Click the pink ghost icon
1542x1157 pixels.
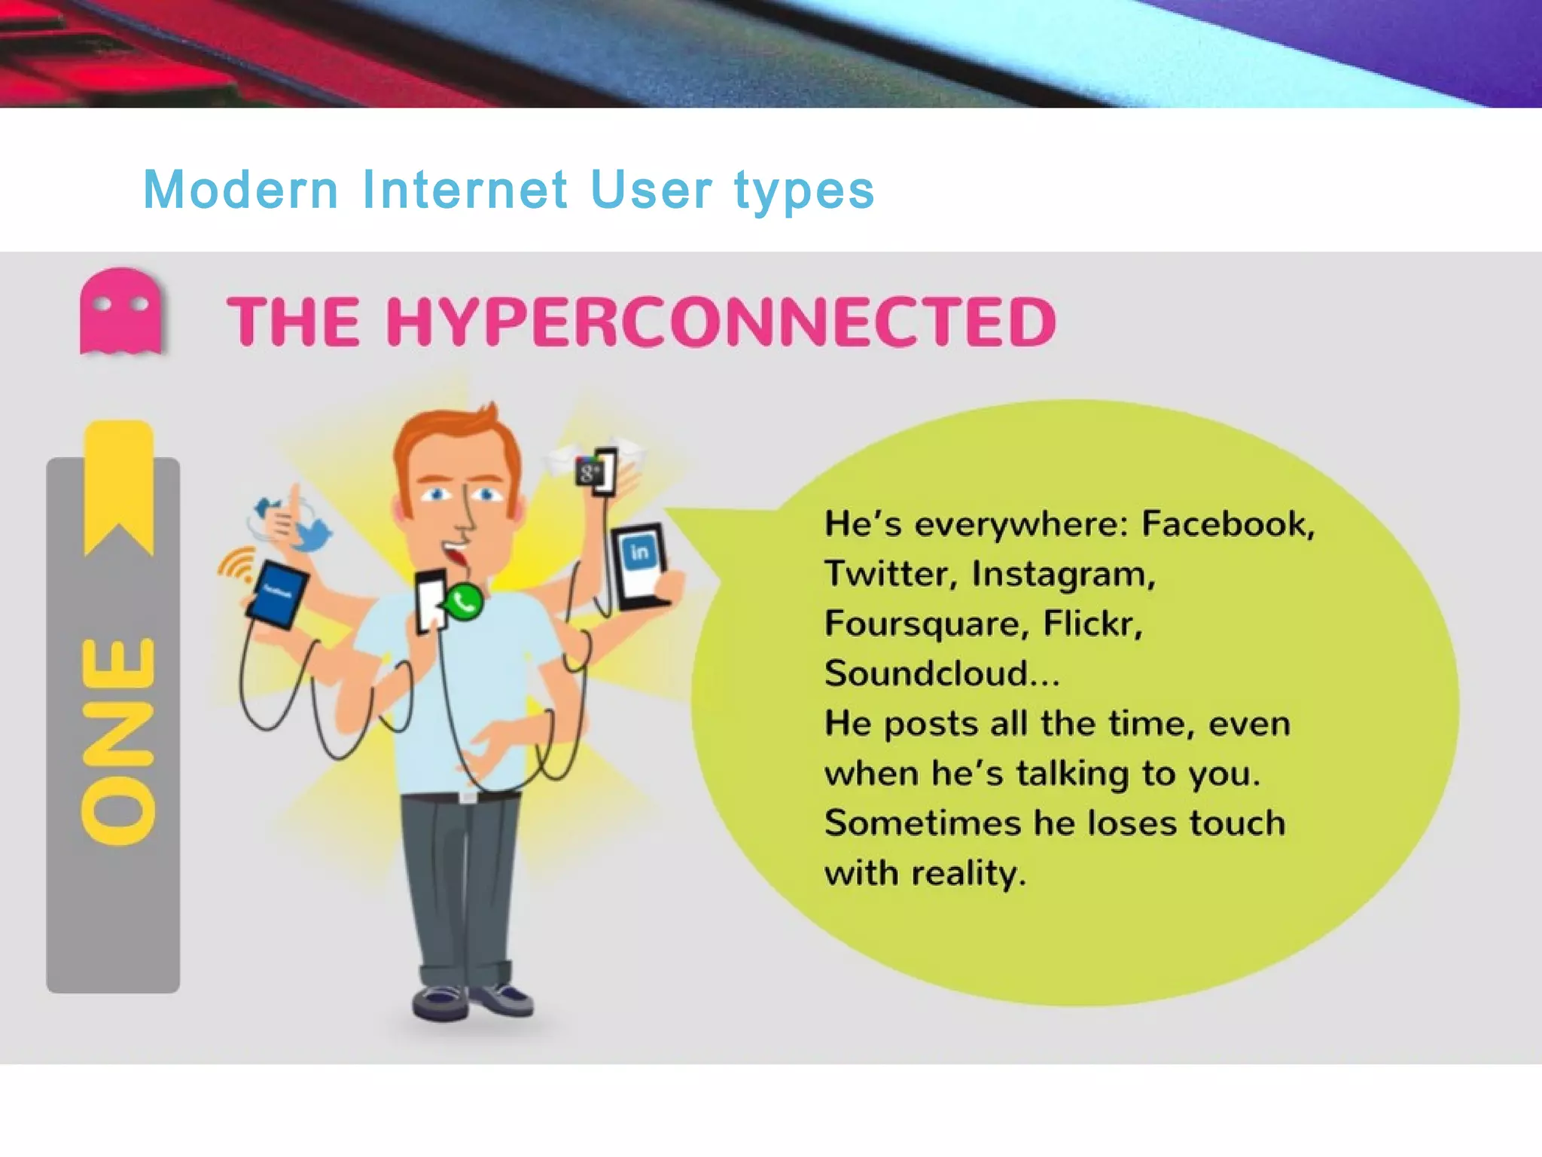point(120,310)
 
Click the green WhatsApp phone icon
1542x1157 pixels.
point(463,603)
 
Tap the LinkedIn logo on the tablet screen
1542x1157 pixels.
point(639,553)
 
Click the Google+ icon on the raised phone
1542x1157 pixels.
point(589,473)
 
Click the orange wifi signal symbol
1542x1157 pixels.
point(235,565)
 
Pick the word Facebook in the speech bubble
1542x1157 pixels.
point(1227,524)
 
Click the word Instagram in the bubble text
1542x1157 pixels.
point(1062,574)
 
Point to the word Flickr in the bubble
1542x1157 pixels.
point(1092,624)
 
